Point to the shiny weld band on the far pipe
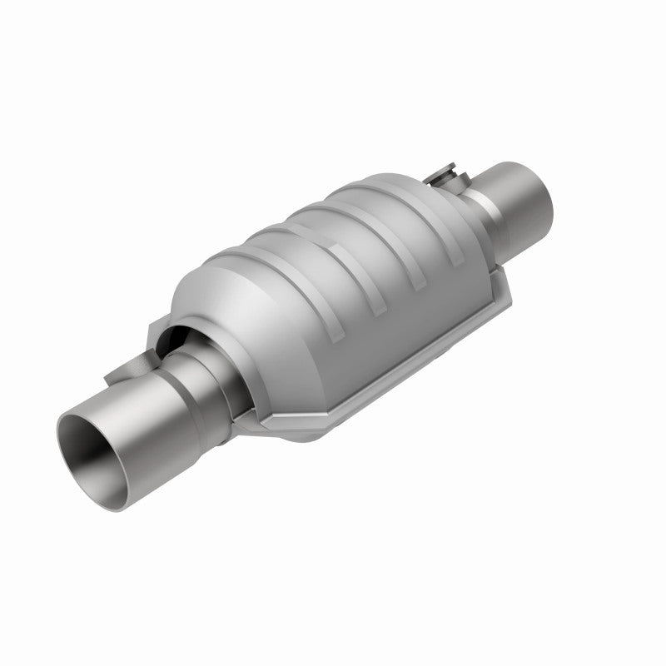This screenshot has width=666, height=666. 483,186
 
